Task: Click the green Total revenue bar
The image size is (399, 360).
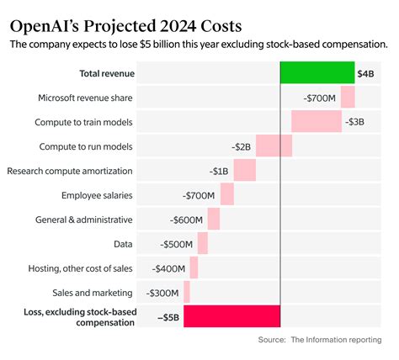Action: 317,72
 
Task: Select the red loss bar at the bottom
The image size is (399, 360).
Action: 231,316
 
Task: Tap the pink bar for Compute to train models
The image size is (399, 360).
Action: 317,121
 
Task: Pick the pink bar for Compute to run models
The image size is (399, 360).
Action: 274,146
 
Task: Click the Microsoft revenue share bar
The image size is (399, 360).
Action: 347,98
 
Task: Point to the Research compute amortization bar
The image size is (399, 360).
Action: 244,170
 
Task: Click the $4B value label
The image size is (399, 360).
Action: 367,74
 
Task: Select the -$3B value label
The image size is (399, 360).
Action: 354,122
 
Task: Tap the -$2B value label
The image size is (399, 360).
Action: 242,146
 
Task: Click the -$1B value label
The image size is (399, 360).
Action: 219,171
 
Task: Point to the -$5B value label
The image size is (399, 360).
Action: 168,317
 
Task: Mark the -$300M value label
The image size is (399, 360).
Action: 162,293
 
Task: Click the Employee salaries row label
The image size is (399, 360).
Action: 97,195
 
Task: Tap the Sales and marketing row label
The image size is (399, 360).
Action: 91,293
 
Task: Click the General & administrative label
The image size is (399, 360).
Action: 84,220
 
